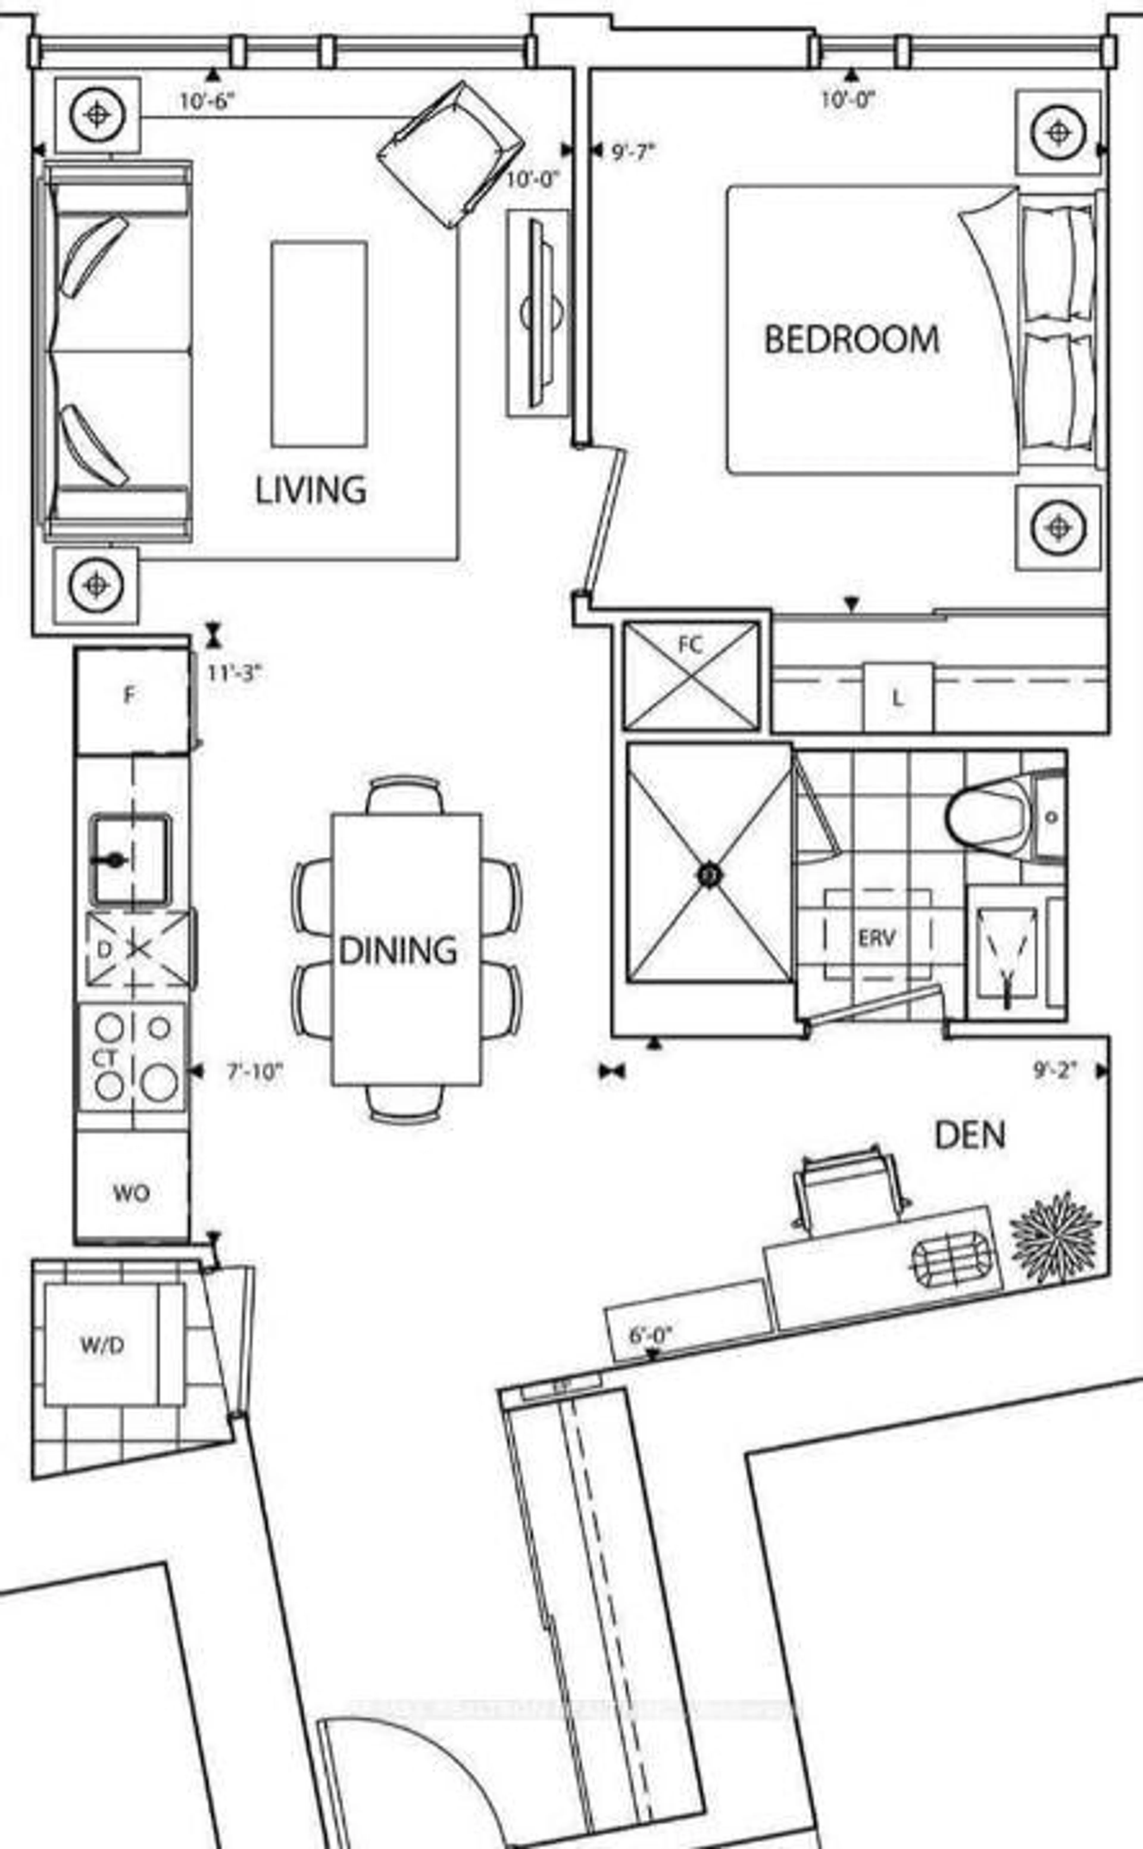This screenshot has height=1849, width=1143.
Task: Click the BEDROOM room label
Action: (x=852, y=339)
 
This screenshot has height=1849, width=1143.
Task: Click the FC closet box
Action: (x=690, y=675)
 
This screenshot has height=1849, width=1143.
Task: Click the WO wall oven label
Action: (x=131, y=1193)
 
